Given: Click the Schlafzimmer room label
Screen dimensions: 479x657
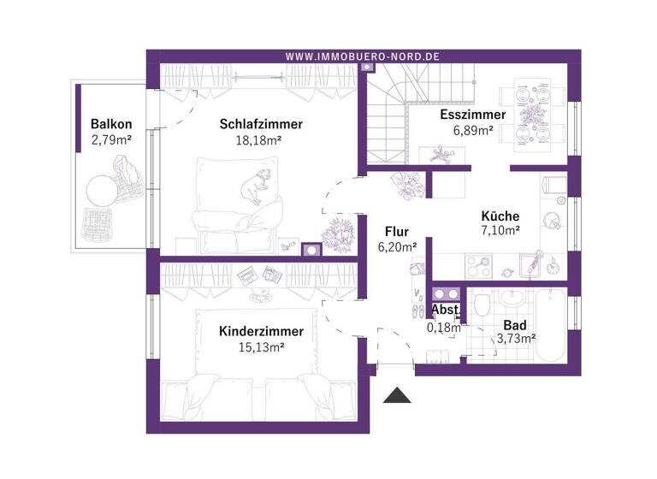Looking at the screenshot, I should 261,124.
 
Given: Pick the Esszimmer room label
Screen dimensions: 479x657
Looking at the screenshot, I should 472,115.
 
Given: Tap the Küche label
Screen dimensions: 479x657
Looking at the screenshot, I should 500,216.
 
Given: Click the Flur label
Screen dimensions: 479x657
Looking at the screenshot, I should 396,231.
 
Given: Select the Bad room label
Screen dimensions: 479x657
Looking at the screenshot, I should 515,325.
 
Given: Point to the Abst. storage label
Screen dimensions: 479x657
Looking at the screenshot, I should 445,310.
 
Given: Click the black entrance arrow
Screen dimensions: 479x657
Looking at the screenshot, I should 396,395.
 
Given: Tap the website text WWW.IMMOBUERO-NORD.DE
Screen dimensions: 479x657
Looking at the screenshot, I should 362,56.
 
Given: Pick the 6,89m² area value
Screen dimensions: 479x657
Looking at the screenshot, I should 472,131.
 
